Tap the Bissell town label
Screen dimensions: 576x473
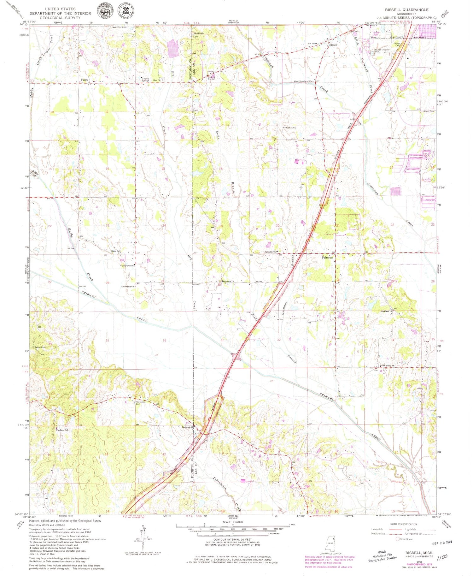tap(333, 45)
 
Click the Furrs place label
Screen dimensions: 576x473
tap(84, 80)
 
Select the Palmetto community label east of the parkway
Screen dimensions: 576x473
tap(327, 258)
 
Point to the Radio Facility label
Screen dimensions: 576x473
tap(289, 128)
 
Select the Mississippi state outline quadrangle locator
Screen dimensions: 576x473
tap(330, 543)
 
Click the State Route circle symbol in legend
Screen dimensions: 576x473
tap(398, 539)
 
